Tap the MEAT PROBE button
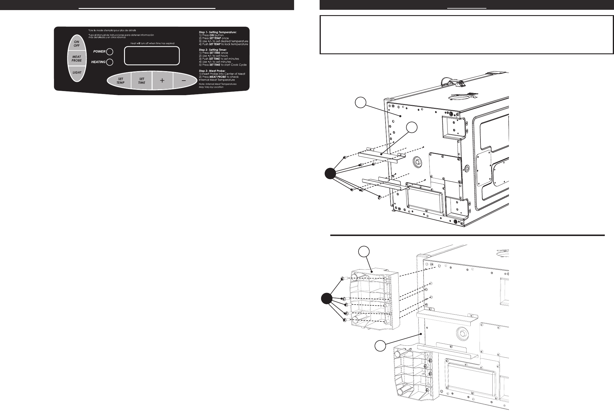tap(77, 58)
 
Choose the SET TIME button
tap(142, 81)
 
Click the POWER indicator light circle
tap(110, 52)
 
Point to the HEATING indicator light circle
tap(110, 62)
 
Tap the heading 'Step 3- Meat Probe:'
tap(212, 70)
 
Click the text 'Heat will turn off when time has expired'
tap(152, 44)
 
